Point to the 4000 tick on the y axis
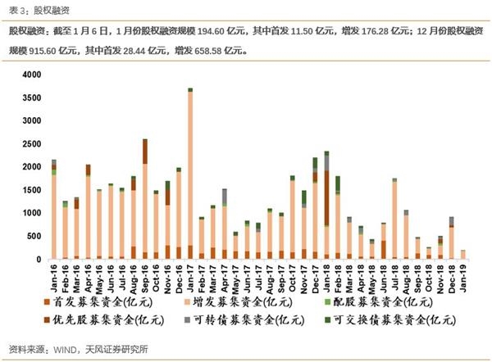(x=30, y=75)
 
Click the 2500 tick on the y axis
(x=30, y=143)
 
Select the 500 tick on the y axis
(x=33, y=236)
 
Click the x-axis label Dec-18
(x=452, y=278)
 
